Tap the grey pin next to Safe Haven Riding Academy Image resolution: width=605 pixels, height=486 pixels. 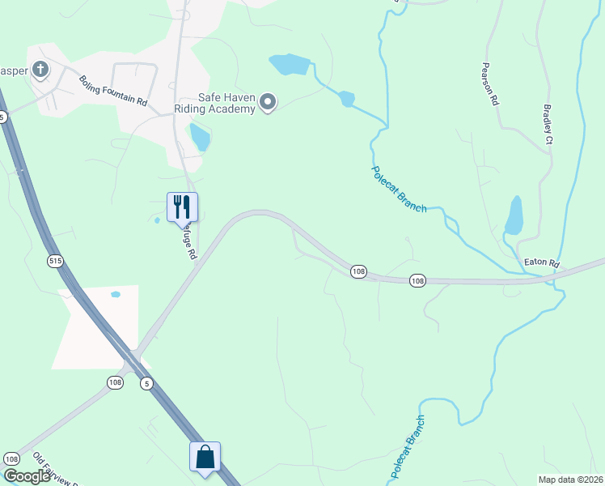tap(269, 102)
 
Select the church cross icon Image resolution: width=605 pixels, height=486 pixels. tap(40, 70)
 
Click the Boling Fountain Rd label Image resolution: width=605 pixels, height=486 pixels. tap(112, 91)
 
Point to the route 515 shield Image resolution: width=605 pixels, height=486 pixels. tap(55, 261)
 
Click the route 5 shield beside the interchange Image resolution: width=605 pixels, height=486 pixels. tap(146, 382)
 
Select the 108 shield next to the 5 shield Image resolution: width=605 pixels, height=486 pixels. tap(115, 382)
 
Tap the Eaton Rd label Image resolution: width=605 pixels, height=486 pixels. tap(542, 263)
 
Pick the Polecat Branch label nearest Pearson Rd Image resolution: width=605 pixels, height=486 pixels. tap(399, 190)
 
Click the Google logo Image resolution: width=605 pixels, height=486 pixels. tap(26, 476)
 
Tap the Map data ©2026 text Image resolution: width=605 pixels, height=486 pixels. tap(570, 480)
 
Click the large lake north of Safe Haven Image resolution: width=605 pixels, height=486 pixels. tap(290, 63)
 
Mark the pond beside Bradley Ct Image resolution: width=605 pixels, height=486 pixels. tap(514, 215)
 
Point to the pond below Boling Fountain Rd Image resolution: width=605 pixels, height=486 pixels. tap(199, 137)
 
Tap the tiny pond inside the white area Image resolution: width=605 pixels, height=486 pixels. tap(116, 294)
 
